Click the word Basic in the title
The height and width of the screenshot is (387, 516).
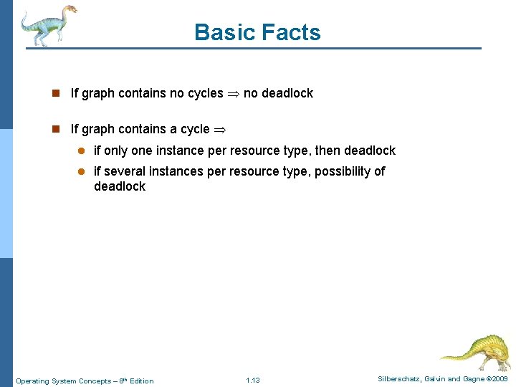[219, 32]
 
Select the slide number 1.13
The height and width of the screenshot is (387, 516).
[252, 380]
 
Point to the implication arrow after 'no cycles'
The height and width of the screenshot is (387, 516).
[234, 94]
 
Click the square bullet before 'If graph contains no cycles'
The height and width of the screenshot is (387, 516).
[55, 93]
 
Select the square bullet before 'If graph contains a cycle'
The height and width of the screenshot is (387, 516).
[55, 129]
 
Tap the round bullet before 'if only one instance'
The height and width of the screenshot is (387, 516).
[82, 150]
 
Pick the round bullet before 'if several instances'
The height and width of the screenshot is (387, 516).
[82, 171]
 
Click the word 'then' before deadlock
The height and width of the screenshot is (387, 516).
[326, 150]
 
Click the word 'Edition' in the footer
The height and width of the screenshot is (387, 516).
[141, 381]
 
